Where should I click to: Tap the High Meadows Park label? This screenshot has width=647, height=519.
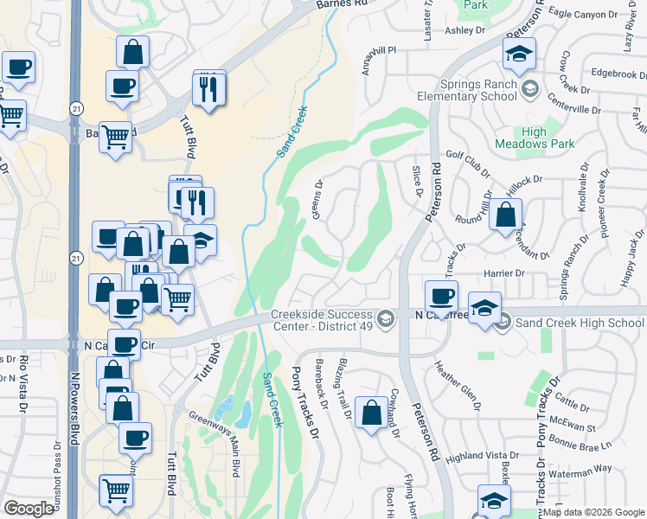coord(522,138)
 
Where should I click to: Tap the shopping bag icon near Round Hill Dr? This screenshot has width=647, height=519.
coord(506,215)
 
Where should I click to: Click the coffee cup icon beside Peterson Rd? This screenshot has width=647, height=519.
coord(441,295)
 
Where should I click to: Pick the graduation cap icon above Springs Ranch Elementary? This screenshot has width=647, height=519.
coord(519,54)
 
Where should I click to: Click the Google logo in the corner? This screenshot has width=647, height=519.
coord(29,509)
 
